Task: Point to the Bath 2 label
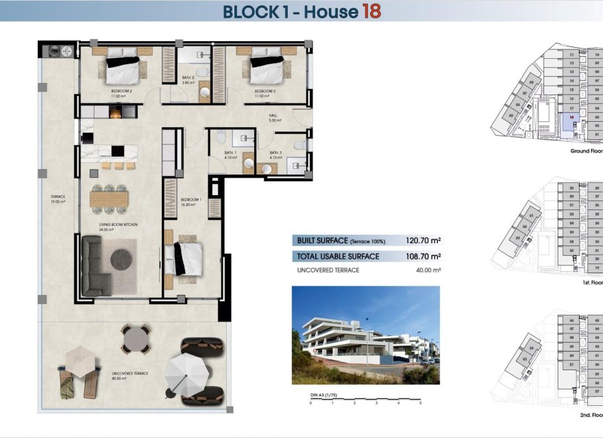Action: (x=188, y=80)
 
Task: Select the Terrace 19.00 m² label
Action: (x=56, y=199)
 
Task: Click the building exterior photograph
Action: (x=365, y=335)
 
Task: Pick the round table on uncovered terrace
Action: (x=136, y=337)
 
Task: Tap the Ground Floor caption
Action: (x=587, y=151)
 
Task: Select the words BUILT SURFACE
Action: (x=321, y=241)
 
